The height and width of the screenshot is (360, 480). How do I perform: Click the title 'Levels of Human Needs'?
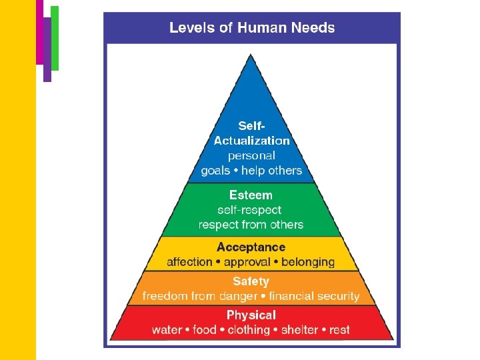coord(252,28)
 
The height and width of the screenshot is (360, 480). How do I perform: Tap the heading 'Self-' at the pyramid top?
coord(251,126)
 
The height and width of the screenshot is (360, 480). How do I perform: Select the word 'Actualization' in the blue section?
coord(251,141)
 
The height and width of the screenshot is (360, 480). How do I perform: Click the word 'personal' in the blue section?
coord(251,156)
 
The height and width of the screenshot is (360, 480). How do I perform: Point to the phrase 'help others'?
coord(272,171)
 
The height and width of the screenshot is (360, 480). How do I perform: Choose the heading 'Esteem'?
coord(251,195)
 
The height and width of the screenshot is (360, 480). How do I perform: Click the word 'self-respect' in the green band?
coord(251,210)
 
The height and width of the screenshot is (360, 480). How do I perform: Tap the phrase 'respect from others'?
coord(251,225)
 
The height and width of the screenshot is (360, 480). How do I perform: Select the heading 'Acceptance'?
coord(251,247)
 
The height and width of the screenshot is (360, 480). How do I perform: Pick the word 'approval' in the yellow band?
coord(247,262)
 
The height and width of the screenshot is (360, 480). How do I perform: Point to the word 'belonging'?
coord(308,262)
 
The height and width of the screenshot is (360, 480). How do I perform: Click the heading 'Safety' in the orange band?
coord(251,281)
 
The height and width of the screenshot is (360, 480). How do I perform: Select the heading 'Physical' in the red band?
coord(251,315)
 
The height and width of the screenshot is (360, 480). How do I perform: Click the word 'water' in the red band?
coord(167,330)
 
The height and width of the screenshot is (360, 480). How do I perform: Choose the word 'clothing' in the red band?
coord(249,330)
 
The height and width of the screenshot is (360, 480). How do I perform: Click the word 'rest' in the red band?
coord(339,330)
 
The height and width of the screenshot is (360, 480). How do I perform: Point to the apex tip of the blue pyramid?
coord(251,56)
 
